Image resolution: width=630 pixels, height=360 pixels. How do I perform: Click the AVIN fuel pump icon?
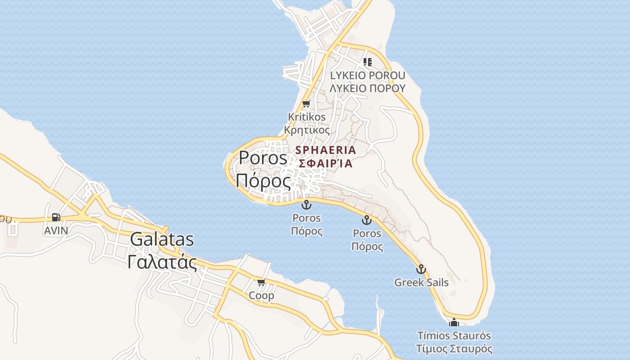coord(56,217)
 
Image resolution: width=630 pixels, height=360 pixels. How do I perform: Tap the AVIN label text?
coord(56,231)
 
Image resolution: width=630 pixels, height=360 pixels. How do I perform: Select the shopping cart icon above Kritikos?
coord(306,104)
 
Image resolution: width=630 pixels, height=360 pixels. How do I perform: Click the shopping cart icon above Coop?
coord(261,283)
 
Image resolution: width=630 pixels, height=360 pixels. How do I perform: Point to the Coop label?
coord(261,296)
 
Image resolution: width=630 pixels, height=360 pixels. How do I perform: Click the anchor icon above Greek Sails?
coord(421,269)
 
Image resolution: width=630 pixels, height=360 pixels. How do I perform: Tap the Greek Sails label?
coord(421,283)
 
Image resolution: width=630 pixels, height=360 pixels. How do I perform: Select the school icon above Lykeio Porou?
coord(368,62)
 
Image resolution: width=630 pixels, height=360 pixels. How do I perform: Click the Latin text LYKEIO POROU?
coord(368,75)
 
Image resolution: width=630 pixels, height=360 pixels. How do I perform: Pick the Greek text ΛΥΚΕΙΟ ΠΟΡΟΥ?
coord(368,88)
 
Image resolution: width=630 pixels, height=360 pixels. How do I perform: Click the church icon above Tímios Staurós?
coord(454,322)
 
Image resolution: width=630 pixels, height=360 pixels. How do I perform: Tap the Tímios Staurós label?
coord(454,336)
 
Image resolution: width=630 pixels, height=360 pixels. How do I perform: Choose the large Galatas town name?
coord(162,239)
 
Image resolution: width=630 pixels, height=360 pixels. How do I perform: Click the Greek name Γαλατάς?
coord(162,262)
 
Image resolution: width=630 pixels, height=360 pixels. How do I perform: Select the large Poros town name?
coord(263,157)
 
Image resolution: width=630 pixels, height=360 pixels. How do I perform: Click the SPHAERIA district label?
coord(326,150)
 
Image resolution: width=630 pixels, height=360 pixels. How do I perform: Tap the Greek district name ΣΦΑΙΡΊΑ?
coord(324,163)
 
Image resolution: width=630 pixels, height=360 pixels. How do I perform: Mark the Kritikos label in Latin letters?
coord(306,117)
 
